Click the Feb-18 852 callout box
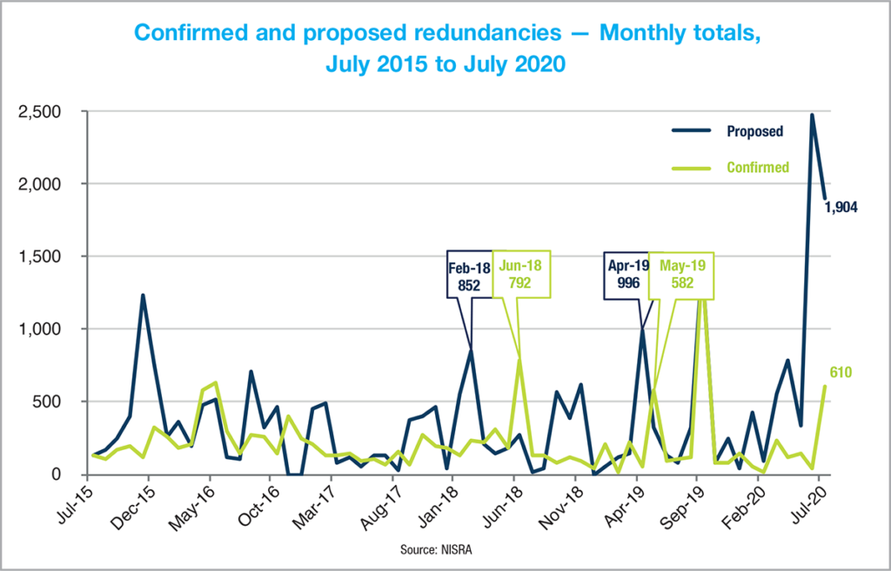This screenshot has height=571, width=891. [470, 276]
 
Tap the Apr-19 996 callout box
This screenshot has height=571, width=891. [628, 276]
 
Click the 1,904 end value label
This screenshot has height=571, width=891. [841, 207]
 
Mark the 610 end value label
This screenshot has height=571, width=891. [841, 373]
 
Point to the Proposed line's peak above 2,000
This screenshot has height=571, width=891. [812, 115]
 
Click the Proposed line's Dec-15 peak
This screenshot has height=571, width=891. [143, 295]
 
